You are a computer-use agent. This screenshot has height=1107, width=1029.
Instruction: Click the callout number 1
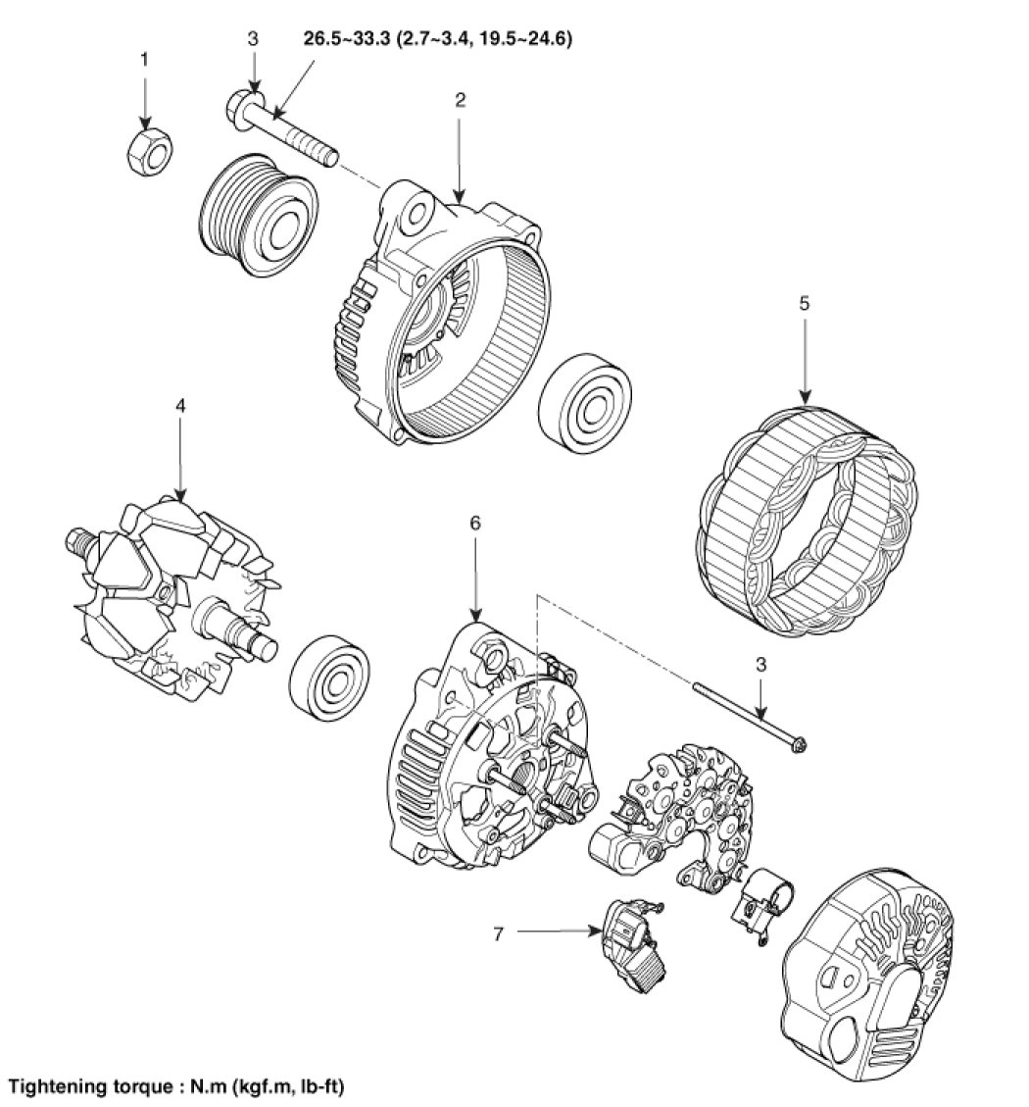145,60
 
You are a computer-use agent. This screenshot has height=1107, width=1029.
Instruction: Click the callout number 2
460,99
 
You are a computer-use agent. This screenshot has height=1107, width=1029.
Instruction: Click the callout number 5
804,303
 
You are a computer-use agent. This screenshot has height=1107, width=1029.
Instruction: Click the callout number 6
475,523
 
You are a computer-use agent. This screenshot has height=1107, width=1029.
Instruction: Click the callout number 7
498,933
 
